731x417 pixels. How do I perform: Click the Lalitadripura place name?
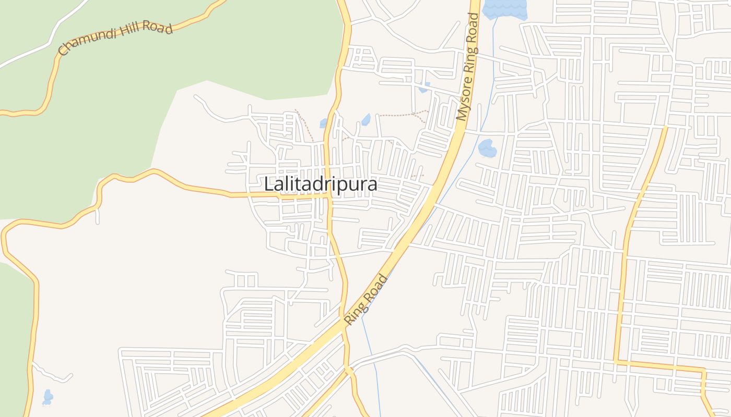click(x=321, y=185)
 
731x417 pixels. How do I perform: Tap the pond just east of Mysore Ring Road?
click(x=487, y=148)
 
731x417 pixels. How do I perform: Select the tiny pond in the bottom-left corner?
click(x=48, y=397)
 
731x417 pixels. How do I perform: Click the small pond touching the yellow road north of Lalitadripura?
click(x=324, y=124)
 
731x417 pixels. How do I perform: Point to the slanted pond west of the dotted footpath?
click(x=366, y=120)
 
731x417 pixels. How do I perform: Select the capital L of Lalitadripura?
click(x=268, y=185)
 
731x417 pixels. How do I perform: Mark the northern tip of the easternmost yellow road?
click(x=666, y=127)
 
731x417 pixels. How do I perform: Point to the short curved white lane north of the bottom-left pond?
click(x=52, y=374)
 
